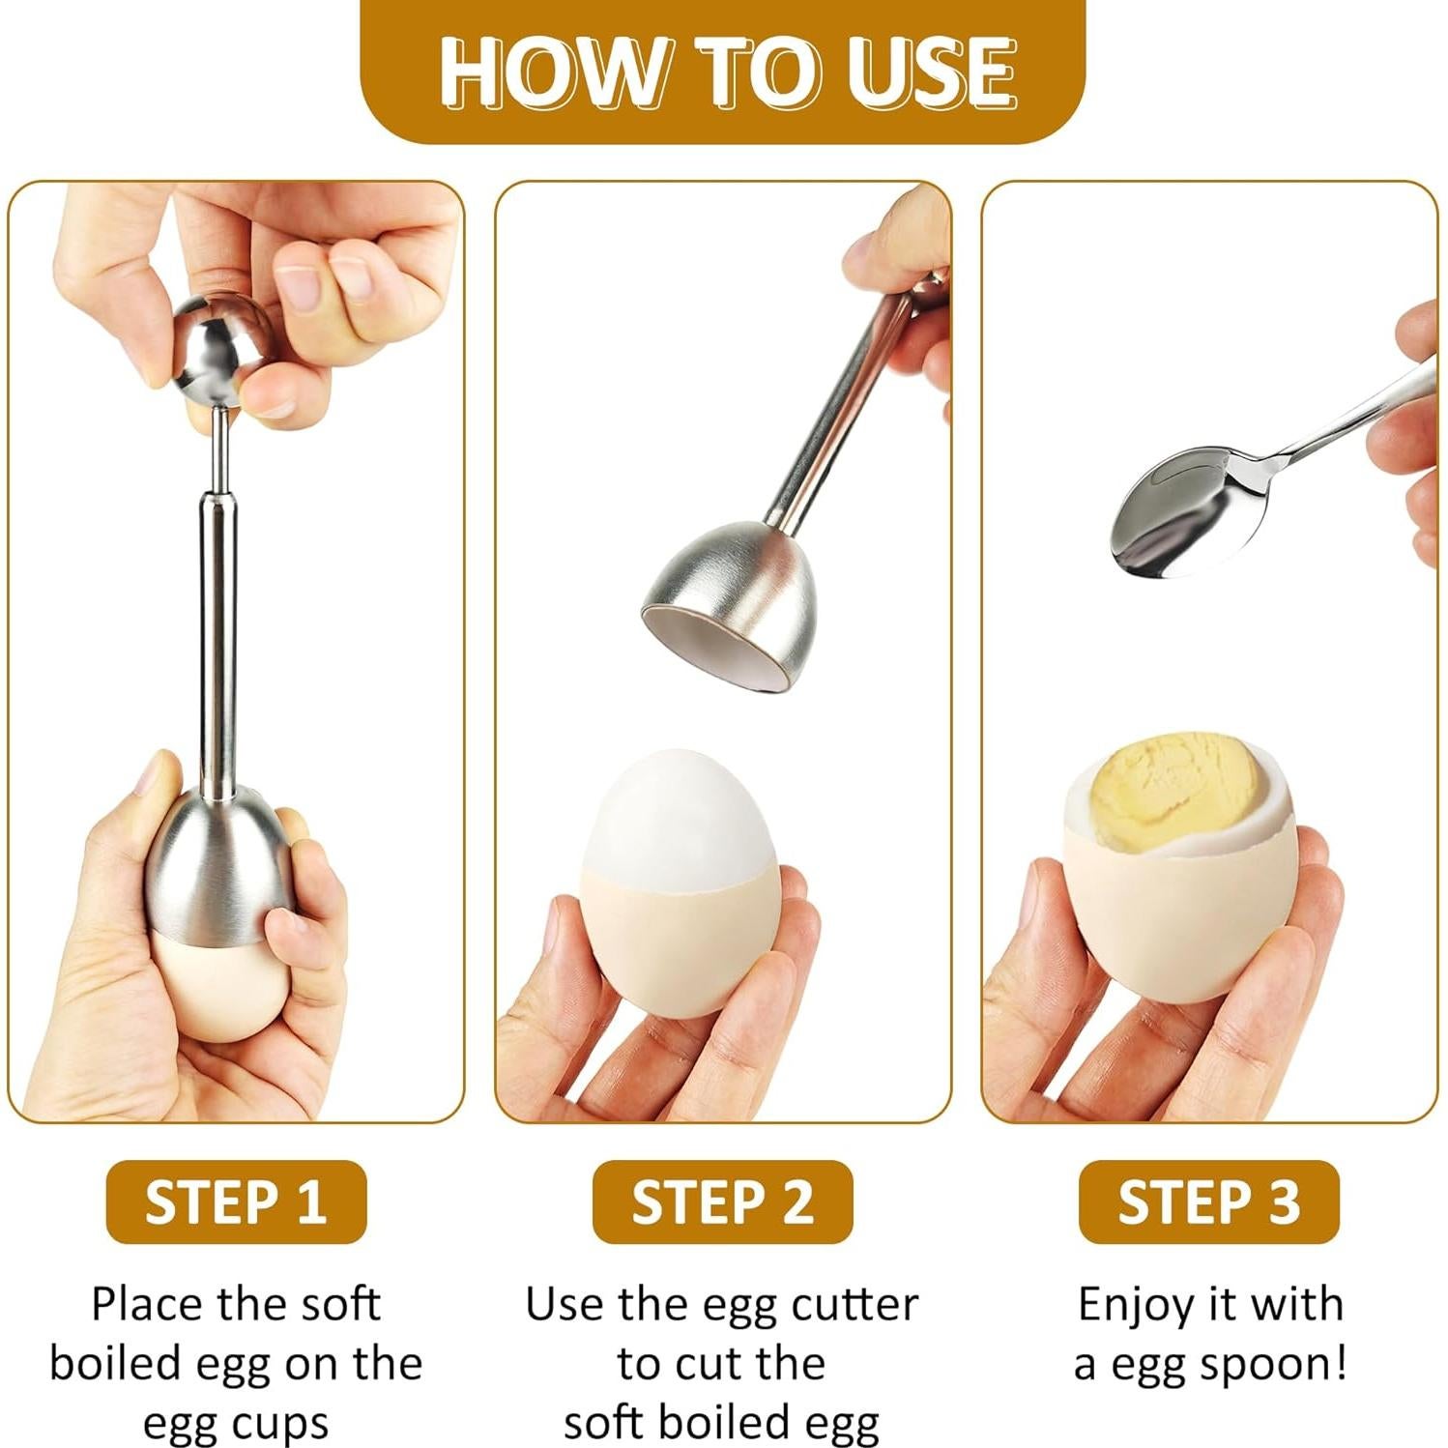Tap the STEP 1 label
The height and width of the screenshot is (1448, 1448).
click(x=236, y=1202)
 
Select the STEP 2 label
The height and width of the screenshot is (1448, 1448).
click(x=722, y=1202)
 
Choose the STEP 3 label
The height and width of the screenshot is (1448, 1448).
click(x=1208, y=1202)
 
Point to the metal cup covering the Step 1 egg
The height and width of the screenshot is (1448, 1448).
click(x=218, y=870)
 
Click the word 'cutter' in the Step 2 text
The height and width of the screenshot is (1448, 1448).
click(x=854, y=1305)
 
